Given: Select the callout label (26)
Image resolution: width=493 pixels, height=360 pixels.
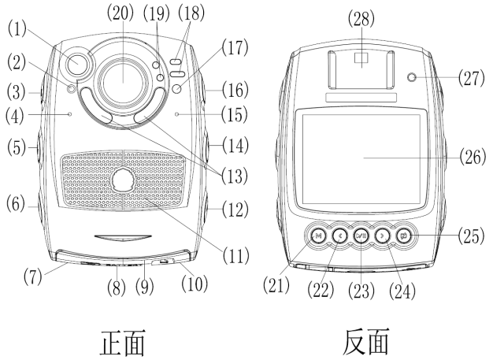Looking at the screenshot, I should coord(473,156).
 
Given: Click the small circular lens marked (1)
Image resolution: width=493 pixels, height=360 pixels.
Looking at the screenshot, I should coord(79,63).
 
